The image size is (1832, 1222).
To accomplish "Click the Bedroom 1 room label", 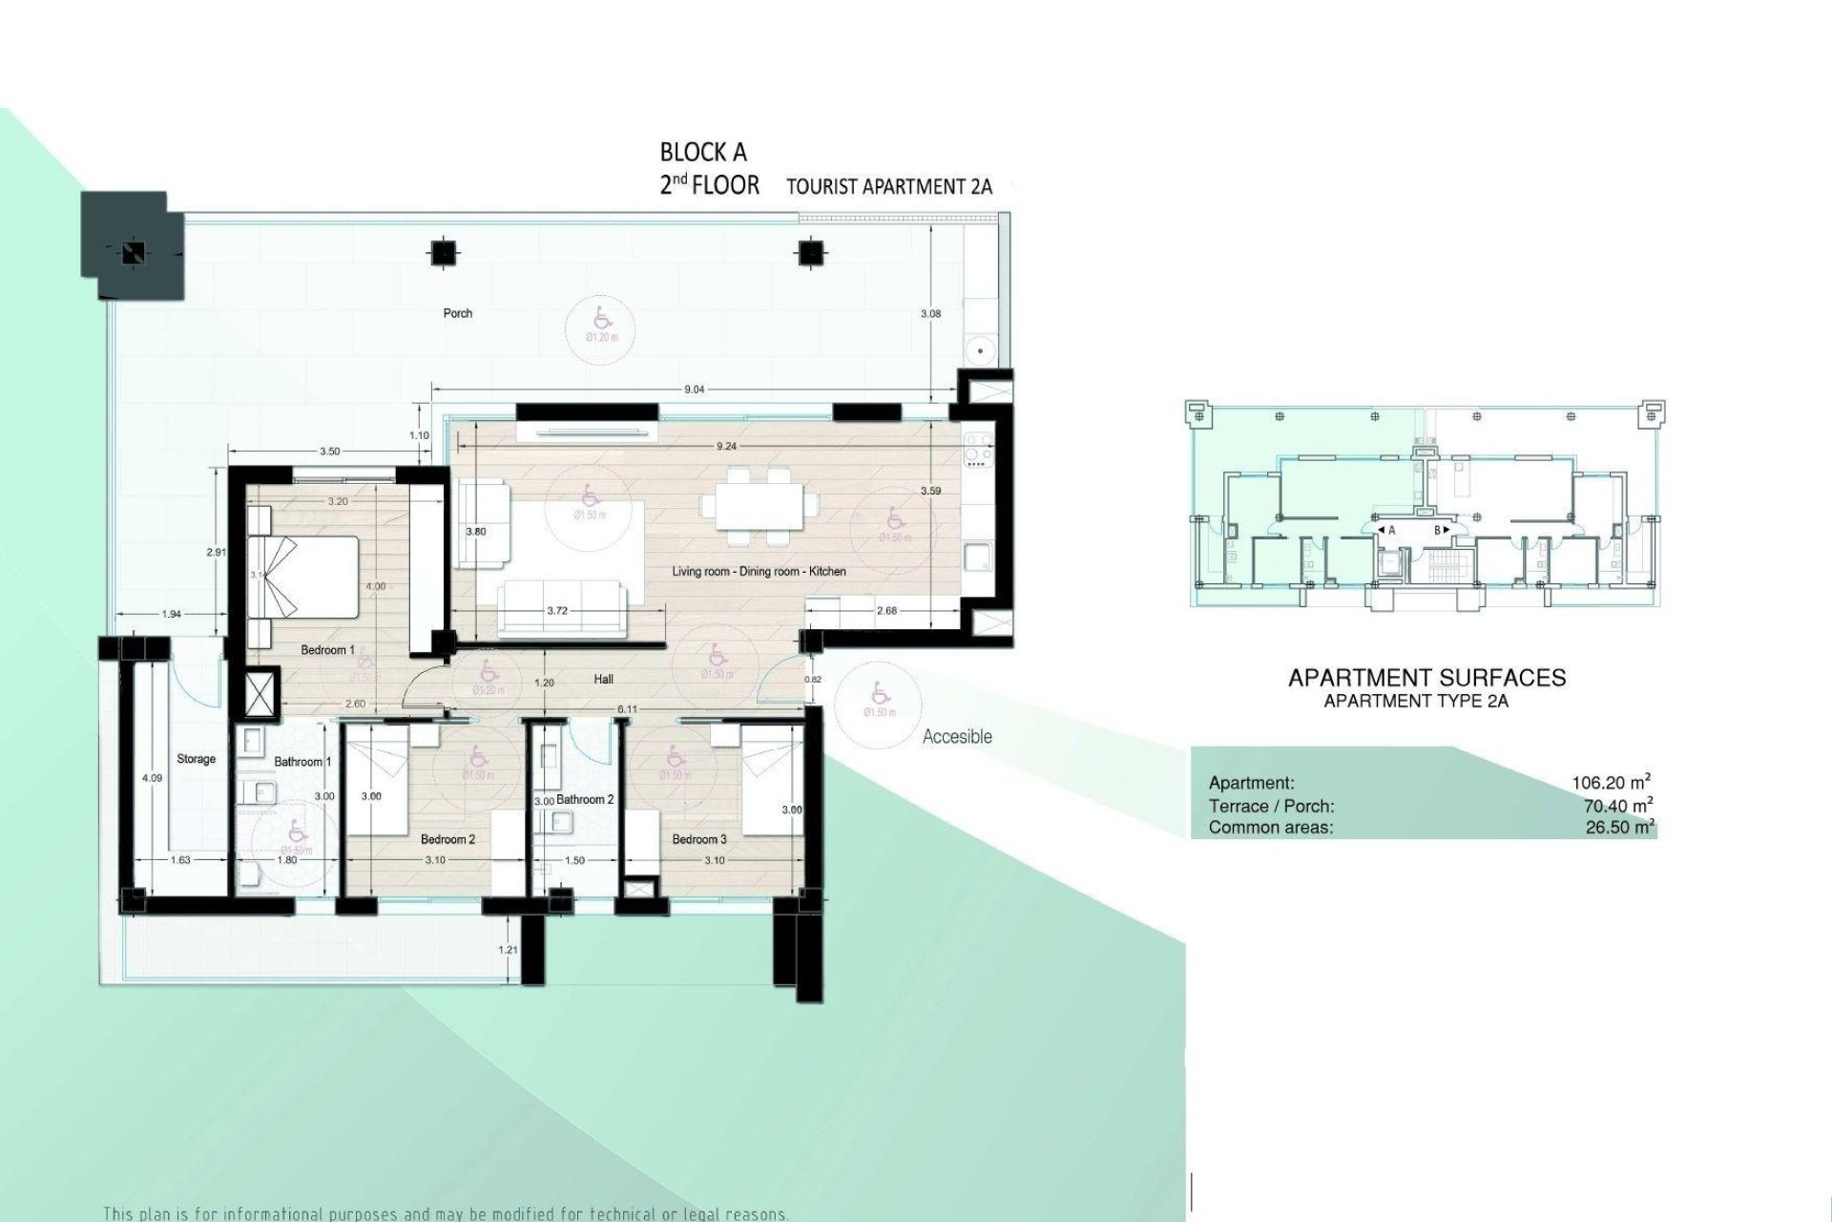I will point(327,650).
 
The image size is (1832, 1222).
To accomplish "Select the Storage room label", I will point(196,759).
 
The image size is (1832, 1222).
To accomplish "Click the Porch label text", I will point(458,313).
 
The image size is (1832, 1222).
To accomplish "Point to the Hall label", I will point(603,680).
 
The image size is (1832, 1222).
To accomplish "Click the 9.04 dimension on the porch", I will point(694,390).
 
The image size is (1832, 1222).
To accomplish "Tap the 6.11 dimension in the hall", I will point(627,709).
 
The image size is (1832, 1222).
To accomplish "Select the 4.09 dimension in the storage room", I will point(152,779).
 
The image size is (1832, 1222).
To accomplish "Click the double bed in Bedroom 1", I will point(303,577).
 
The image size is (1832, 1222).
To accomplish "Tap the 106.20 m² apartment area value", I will point(1612,783).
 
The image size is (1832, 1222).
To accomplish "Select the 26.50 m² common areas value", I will point(1619,828).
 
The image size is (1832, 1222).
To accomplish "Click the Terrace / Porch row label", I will point(1271,806).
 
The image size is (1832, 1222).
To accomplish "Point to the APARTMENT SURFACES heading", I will point(1426,678).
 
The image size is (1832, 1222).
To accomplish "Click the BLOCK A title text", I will point(703,152).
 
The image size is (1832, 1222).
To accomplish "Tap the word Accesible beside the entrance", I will point(957,736).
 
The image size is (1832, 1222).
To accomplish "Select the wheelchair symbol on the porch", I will point(601,315).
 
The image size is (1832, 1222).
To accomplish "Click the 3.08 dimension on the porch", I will point(930,313).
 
